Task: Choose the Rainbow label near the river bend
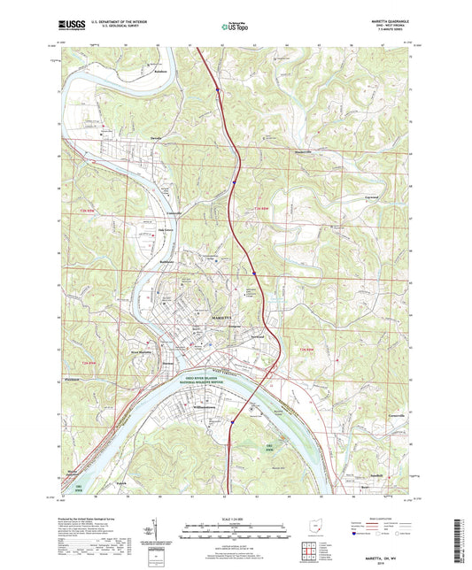click(135, 71)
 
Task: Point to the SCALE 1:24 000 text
click(235, 520)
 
